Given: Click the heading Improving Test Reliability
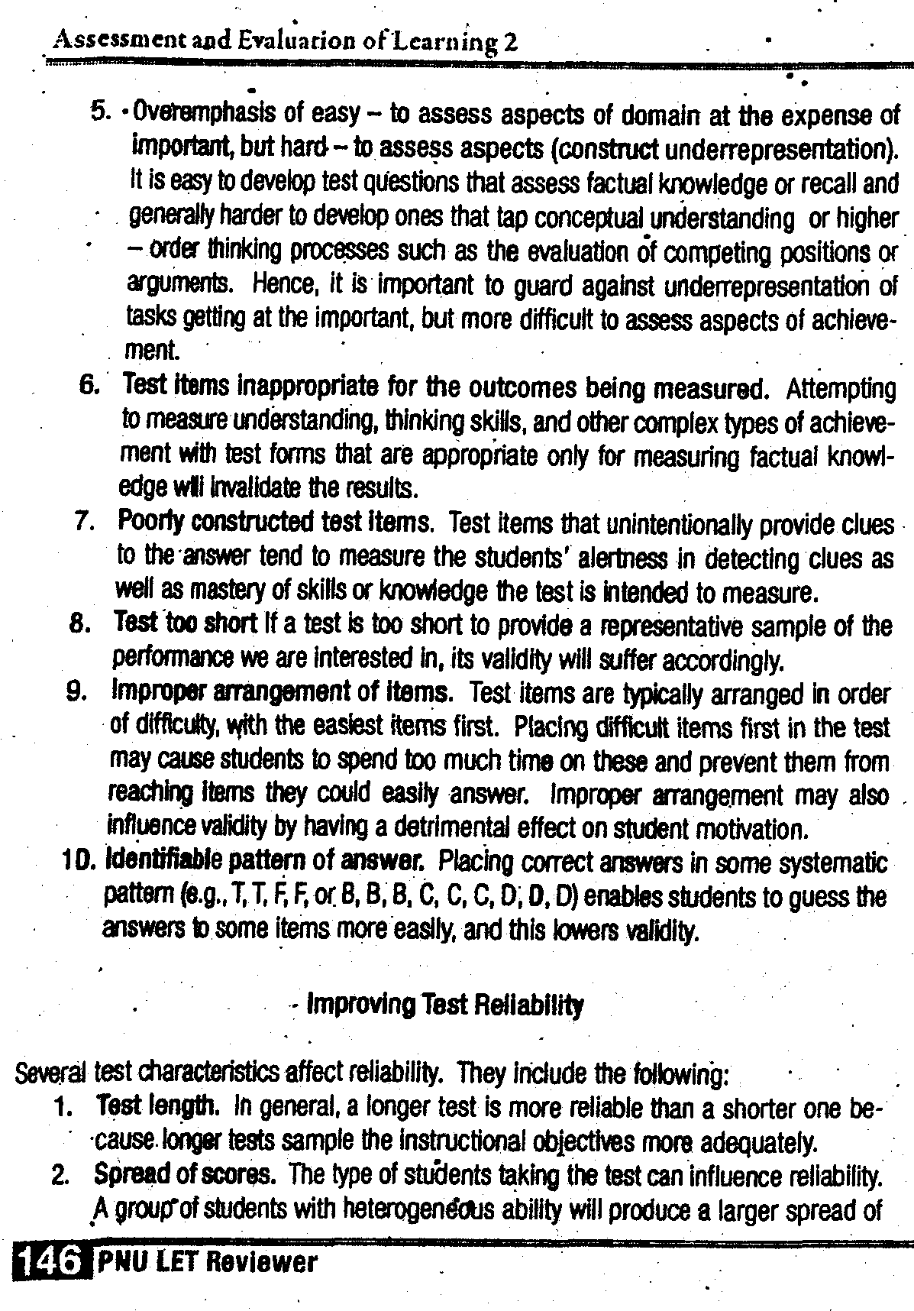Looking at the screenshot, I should coord(444,1005).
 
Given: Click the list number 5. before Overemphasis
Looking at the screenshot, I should coord(101,113).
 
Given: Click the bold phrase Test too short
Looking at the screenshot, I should coord(185,624).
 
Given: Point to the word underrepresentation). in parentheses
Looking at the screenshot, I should coord(780,148).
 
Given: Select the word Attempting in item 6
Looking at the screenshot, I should coord(841,390).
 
